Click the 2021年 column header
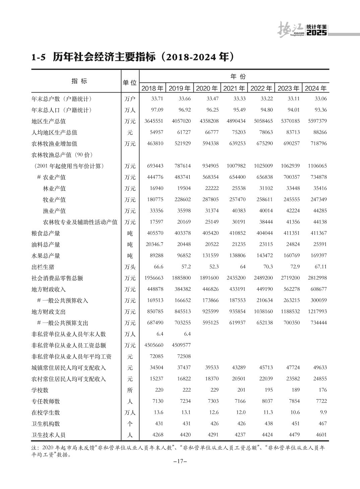tap(234, 88)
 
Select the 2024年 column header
tap(315, 88)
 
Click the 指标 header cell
tap(79, 81)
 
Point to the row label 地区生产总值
tap(49, 121)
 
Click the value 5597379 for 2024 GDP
tap(317, 121)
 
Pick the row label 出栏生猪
tap(43, 267)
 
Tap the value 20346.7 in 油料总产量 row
tap(155, 245)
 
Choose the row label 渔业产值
tap(54, 211)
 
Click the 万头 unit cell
tap(130, 267)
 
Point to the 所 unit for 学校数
tap(130, 390)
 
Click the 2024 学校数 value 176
tap(322, 390)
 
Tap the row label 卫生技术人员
tap(49, 435)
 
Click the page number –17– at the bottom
tap(180, 461)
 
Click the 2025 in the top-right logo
tap(316, 33)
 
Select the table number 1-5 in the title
tap(38, 57)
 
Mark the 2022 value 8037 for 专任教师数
tap(267, 401)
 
